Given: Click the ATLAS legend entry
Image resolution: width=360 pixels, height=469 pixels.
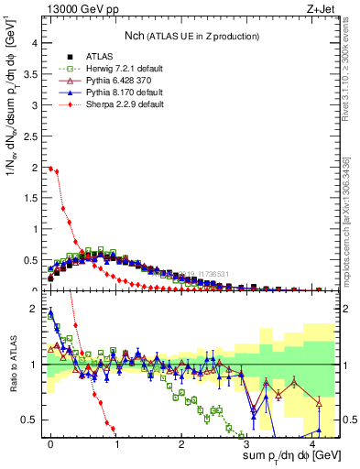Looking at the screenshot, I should (x=87, y=57).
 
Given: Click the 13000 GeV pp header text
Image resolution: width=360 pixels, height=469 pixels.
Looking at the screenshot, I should (x=71, y=8).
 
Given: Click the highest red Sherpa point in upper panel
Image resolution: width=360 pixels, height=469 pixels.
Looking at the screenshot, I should (x=50, y=168).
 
